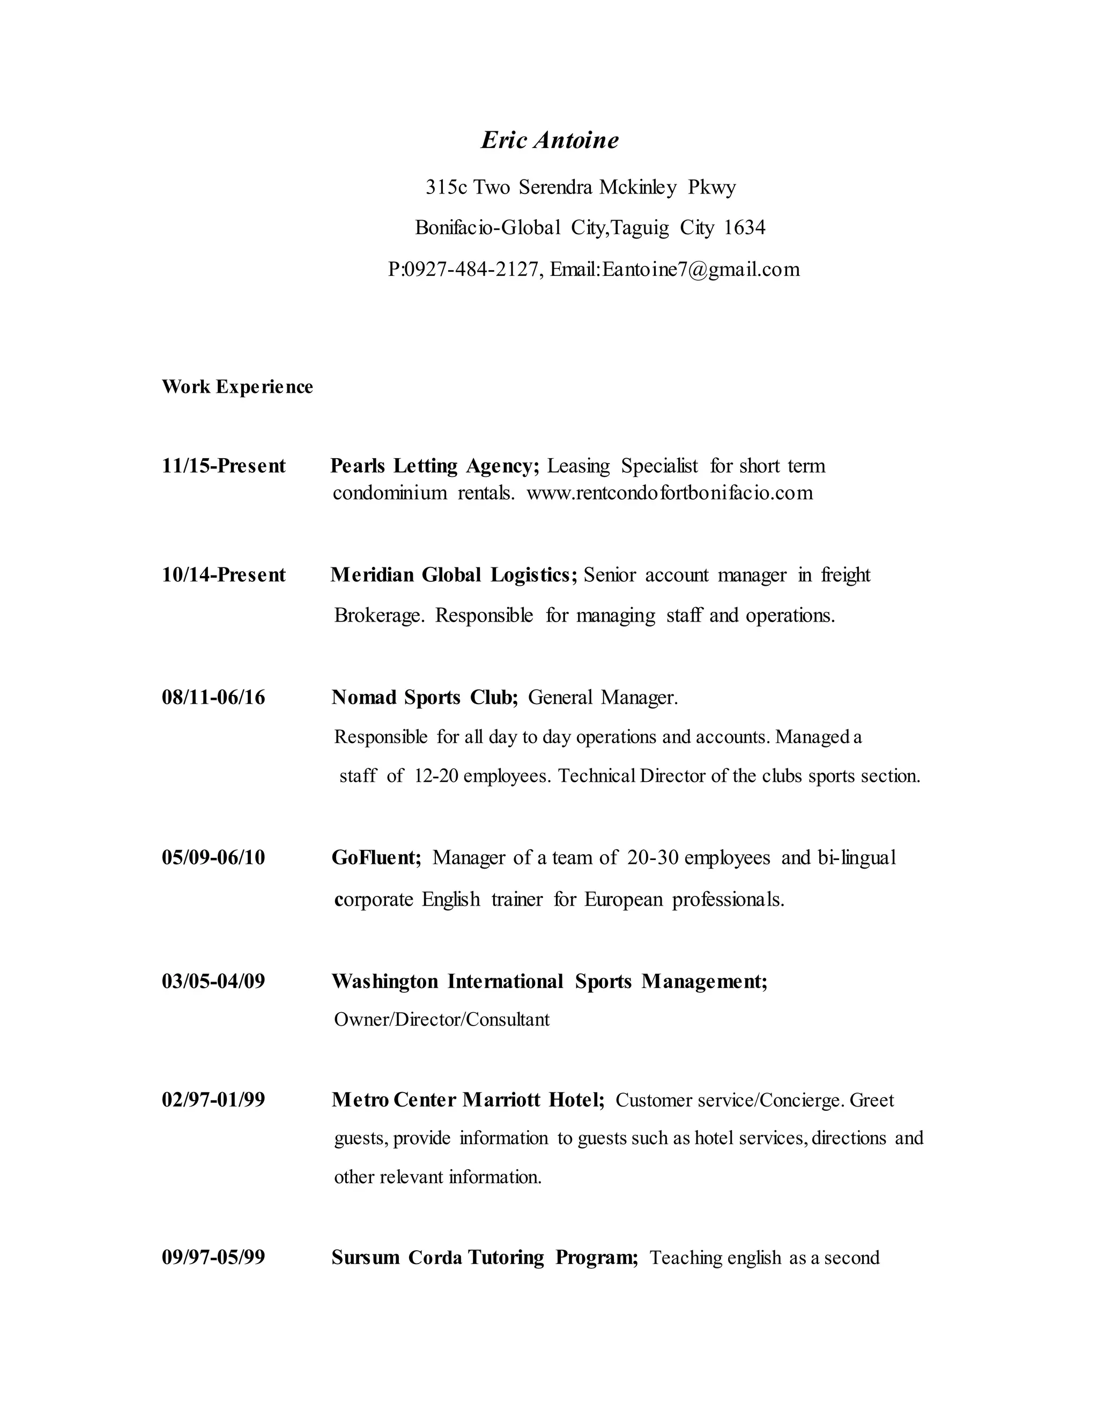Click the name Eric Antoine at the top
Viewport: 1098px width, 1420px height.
550,140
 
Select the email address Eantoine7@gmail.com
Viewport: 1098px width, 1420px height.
701,269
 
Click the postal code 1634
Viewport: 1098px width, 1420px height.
744,228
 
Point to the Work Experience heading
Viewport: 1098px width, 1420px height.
238,387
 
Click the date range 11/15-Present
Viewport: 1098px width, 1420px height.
224,466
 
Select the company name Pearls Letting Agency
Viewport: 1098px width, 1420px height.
434,466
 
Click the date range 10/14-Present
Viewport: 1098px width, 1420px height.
224,575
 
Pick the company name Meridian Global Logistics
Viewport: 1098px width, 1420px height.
454,575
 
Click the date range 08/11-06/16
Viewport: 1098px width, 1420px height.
213,697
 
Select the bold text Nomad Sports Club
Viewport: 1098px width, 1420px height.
424,697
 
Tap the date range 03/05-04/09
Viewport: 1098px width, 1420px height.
213,981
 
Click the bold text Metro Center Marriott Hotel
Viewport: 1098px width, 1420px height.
468,1100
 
